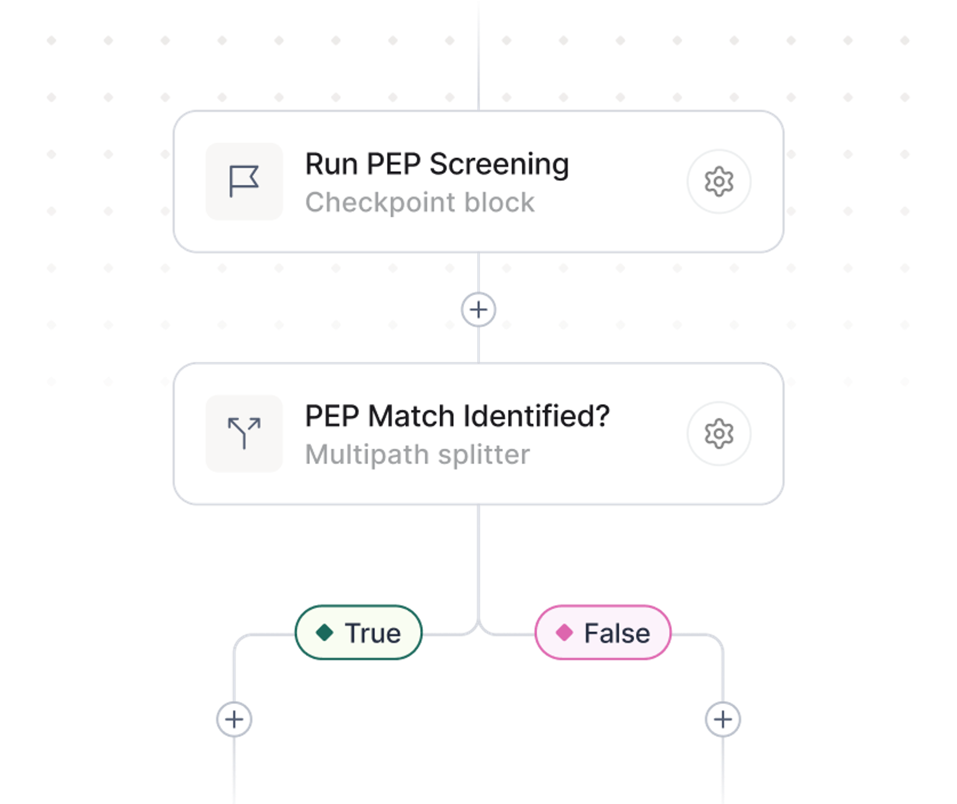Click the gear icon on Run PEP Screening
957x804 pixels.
click(719, 181)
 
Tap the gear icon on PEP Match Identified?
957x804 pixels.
click(719, 433)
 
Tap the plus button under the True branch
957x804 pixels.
click(234, 719)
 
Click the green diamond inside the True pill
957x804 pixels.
click(324, 633)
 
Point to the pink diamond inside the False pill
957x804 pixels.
click(564, 633)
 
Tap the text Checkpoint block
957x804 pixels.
click(419, 202)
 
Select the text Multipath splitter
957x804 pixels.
click(417, 454)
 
